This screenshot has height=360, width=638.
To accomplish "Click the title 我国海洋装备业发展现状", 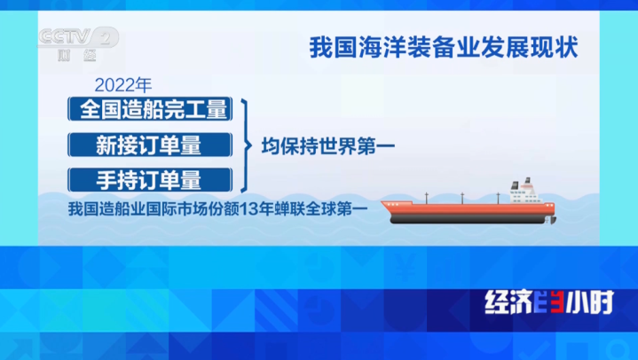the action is pyautogui.click(x=444, y=48).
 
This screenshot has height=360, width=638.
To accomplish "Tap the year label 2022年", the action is pyautogui.click(x=122, y=85).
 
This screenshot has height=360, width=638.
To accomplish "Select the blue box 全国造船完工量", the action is pyautogui.click(x=150, y=109).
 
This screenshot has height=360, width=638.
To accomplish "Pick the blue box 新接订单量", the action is pyautogui.click(x=150, y=145).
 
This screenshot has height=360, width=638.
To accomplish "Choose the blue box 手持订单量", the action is pyautogui.click(x=150, y=180).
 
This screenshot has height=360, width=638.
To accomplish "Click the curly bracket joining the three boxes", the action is pyautogui.click(x=246, y=145).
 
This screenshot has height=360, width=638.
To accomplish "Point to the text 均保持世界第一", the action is pyautogui.click(x=328, y=146).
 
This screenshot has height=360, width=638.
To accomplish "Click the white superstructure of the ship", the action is pyautogui.click(x=525, y=193).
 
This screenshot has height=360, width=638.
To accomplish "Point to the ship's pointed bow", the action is pyautogui.click(x=382, y=202).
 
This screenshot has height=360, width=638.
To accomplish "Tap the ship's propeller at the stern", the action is pyautogui.click(x=552, y=220).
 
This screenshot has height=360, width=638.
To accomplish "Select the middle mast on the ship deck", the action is pyautogui.click(x=462, y=198).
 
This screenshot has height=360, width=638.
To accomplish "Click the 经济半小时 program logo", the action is pyautogui.click(x=549, y=302).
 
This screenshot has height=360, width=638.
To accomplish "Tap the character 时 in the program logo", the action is pyautogui.click(x=601, y=302).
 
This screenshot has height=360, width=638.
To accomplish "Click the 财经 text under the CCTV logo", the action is pyautogui.click(x=77, y=55).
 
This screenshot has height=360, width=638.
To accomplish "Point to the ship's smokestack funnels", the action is pyautogui.click(x=522, y=183).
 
